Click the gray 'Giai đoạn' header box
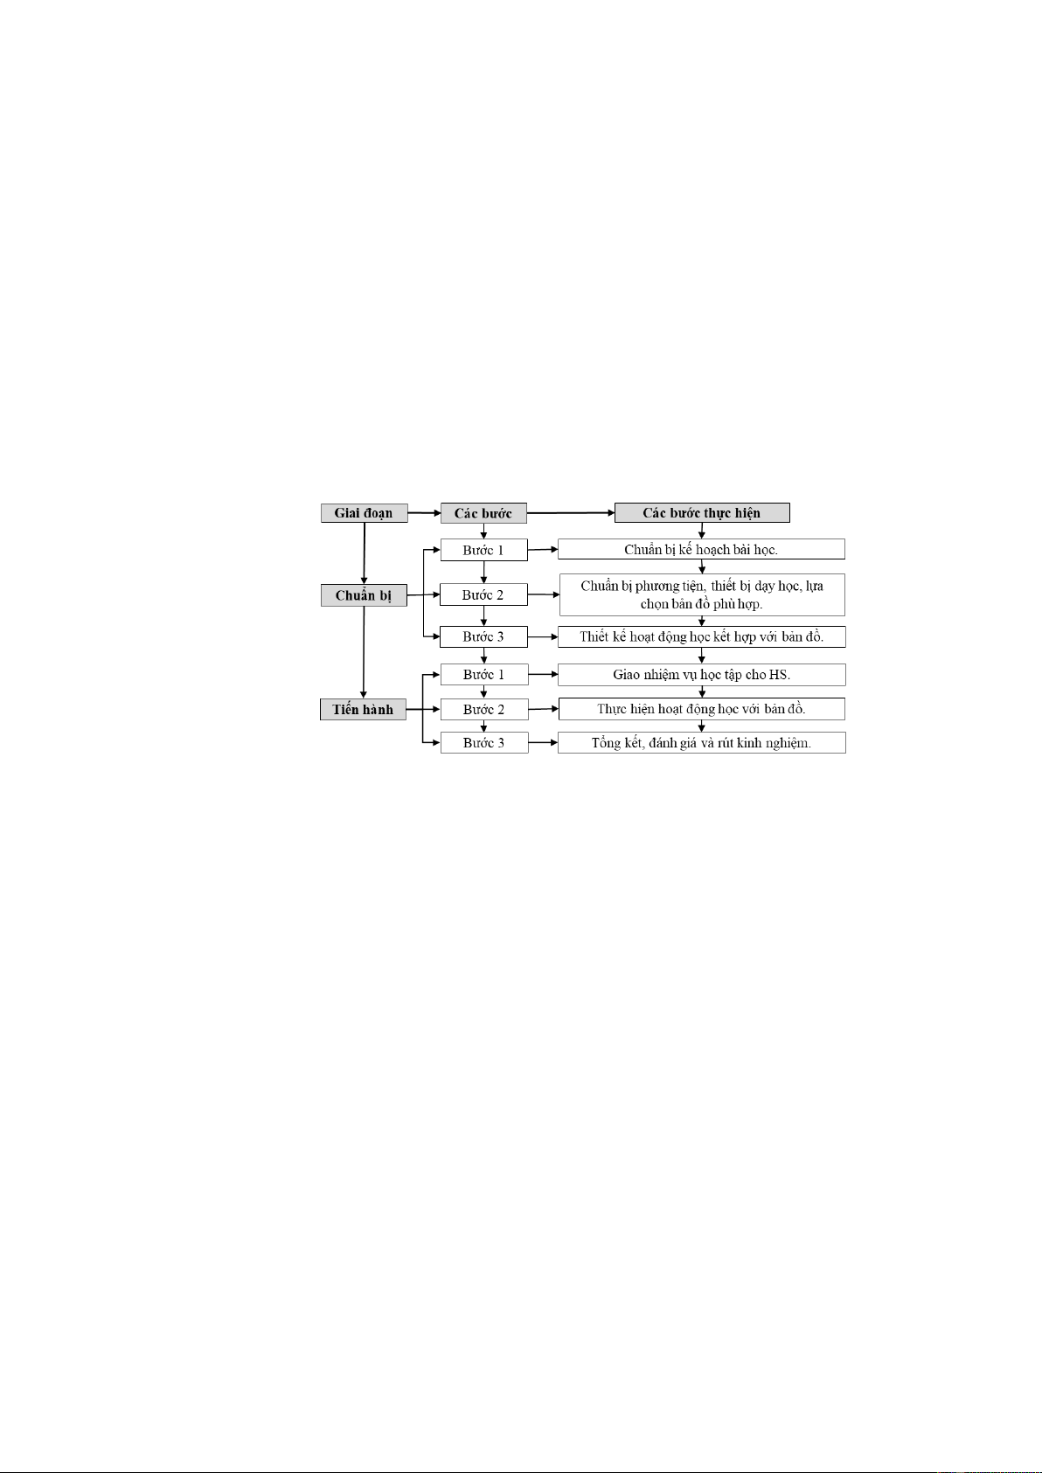pyautogui.click(x=365, y=513)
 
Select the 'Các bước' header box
pyautogui.click(x=483, y=513)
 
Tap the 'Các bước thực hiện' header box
pyautogui.click(x=702, y=513)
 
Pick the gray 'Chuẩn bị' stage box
pyautogui.click(x=364, y=595)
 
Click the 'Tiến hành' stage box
pyautogui.click(x=363, y=710)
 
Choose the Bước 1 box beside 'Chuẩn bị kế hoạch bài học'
pyautogui.click(x=484, y=551)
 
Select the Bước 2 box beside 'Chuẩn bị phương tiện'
pyautogui.click(x=484, y=594)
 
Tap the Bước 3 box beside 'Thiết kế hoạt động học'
pyautogui.click(x=484, y=636)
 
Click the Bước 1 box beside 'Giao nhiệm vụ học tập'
pyautogui.click(x=484, y=675)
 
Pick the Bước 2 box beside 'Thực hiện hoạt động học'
pyautogui.click(x=484, y=710)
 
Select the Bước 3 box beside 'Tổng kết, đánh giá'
pyautogui.click(x=484, y=743)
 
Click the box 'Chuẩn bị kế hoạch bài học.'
pyautogui.click(x=701, y=549)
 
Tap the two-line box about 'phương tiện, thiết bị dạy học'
pyautogui.click(x=702, y=595)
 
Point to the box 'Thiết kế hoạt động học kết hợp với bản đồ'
pyautogui.click(x=701, y=636)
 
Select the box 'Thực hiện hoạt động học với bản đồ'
pyautogui.click(x=701, y=709)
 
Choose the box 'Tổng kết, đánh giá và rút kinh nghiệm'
pyautogui.click(x=701, y=742)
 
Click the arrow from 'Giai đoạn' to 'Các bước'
pyautogui.click(x=424, y=513)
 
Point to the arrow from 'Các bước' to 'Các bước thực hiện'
pyautogui.click(x=571, y=513)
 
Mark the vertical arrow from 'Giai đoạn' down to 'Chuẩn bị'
pyautogui.click(x=365, y=553)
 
